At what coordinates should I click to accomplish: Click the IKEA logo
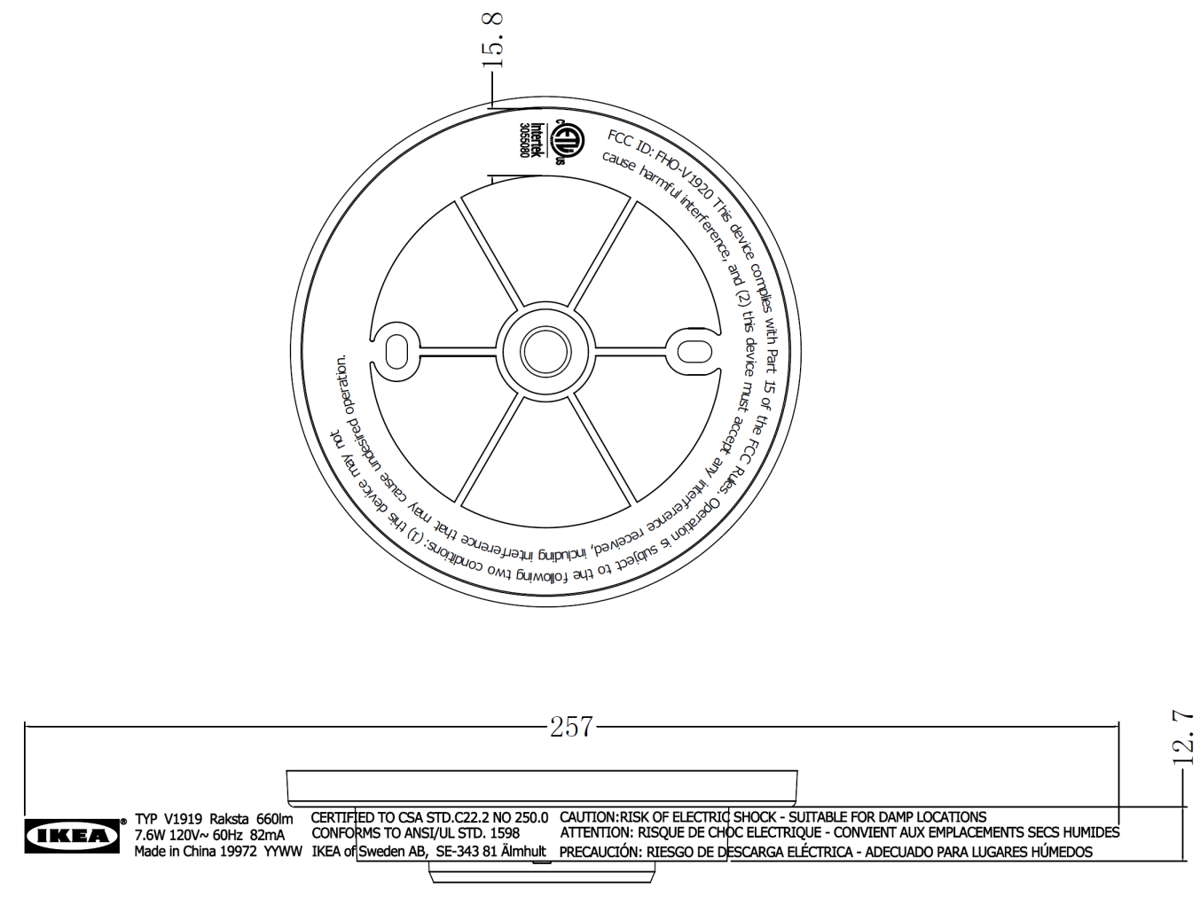72,835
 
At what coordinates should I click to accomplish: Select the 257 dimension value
570,727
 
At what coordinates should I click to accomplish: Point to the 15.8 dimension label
492,41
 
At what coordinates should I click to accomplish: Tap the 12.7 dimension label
1185,737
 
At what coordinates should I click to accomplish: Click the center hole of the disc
545,352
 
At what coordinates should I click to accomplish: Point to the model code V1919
184,819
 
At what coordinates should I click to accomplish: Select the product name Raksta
230,819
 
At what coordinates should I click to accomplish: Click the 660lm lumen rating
274,819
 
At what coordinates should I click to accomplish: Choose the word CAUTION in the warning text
588,817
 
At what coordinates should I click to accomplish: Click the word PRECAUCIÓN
600,852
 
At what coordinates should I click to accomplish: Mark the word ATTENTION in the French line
594,833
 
